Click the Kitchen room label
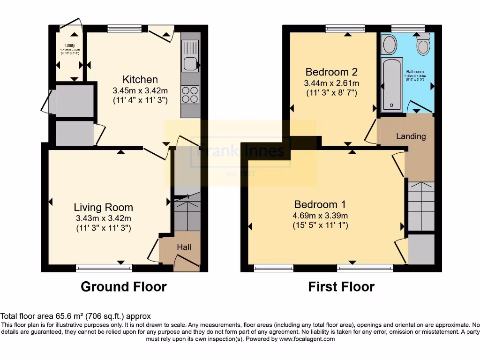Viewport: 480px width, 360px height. [x=140, y=79]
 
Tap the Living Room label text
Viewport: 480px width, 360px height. [x=103, y=207]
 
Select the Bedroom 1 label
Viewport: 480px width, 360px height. [x=320, y=204]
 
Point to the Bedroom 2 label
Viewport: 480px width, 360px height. [x=331, y=72]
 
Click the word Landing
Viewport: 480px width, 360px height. [x=411, y=136]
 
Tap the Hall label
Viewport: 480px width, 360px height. [x=184, y=247]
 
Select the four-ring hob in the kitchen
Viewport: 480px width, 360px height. [x=190, y=95]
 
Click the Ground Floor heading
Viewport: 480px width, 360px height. [x=124, y=286]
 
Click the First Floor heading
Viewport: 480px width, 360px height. [x=341, y=286]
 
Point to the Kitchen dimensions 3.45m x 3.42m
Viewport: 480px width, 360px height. [x=140, y=90]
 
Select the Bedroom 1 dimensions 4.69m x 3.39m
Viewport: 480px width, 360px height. [x=320, y=215]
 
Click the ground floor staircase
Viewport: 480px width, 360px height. [x=187, y=213]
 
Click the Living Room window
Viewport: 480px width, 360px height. [x=104, y=268]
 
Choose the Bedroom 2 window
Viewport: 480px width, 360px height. [x=345, y=29]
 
